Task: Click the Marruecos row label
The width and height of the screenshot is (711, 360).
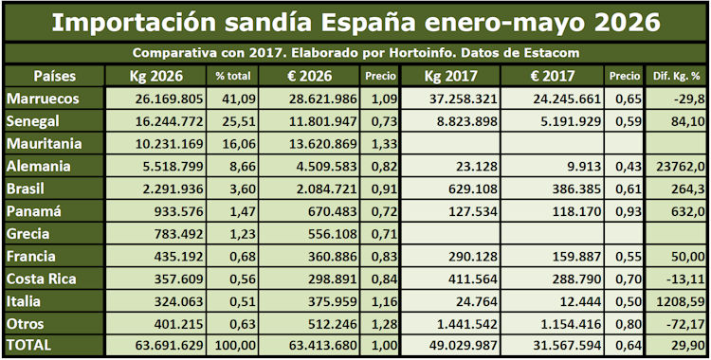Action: (x=43, y=99)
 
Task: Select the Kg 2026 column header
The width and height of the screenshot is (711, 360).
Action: (x=156, y=76)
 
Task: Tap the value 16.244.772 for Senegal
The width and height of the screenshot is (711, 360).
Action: (x=169, y=121)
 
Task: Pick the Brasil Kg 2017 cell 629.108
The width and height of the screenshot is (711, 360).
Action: (x=469, y=189)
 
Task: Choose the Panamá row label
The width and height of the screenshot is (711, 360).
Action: (x=34, y=212)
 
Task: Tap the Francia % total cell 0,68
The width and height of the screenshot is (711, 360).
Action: (x=243, y=257)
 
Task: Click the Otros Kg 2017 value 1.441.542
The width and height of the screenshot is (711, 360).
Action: (x=464, y=324)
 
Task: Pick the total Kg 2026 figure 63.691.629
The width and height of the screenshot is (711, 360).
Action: (x=169, y=346)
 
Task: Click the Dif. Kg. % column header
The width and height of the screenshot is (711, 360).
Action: (x=677, y=77)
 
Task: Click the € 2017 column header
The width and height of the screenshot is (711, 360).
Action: (x=553, y=76)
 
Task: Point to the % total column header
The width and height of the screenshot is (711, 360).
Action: (x=233, y=77)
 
